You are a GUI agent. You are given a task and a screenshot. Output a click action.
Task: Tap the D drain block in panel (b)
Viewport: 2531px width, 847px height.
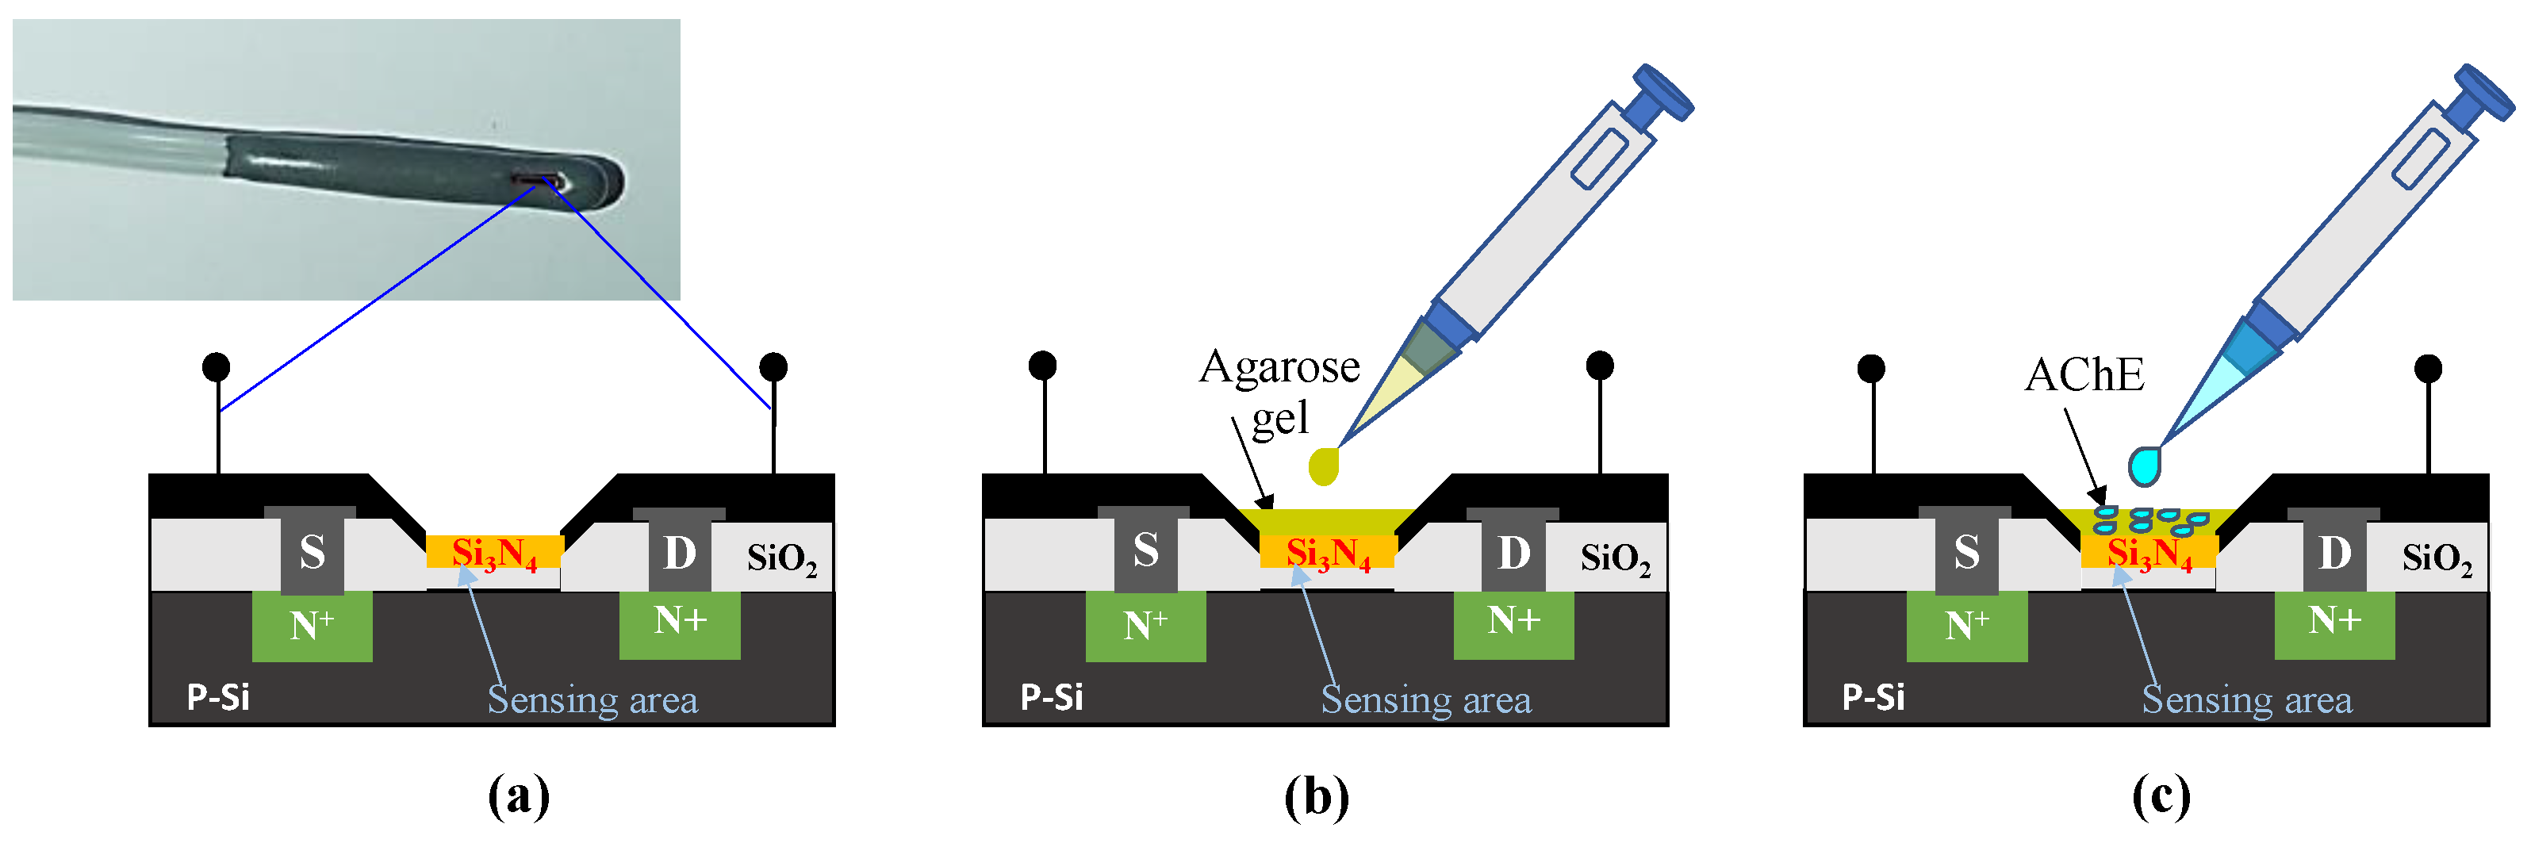[1513, 551]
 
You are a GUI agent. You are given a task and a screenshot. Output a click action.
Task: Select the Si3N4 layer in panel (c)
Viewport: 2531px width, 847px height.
[2149, 554]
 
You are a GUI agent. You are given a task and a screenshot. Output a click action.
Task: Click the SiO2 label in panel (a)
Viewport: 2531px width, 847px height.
[781, 558]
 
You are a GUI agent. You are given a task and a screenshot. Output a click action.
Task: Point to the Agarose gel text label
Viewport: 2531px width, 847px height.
[1279, 391]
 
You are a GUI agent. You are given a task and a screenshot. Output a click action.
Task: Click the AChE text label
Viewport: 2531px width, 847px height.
[2084, 375]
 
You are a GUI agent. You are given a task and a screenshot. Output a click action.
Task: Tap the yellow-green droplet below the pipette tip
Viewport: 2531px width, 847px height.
[1325, 466]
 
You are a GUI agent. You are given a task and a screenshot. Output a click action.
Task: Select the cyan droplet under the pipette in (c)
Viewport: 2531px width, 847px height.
[2144, 465]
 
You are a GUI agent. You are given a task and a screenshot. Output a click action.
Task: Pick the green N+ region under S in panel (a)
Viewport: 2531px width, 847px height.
[312, 626]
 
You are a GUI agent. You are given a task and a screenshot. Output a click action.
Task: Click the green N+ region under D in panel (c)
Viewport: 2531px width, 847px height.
[2334, 622]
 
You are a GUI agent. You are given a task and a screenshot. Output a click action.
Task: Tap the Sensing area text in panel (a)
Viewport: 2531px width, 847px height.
[592, 700]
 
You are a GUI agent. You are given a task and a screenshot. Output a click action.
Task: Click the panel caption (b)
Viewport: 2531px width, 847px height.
[1316, 796]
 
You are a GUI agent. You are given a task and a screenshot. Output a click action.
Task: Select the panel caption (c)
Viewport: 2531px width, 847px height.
[2161, 796]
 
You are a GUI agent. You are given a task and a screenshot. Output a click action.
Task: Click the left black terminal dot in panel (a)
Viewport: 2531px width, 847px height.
[217, 366]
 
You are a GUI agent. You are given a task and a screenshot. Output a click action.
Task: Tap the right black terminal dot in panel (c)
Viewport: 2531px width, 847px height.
[2428, 369]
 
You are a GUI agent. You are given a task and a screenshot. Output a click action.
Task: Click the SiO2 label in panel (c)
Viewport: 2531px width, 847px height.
[2437, 558]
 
